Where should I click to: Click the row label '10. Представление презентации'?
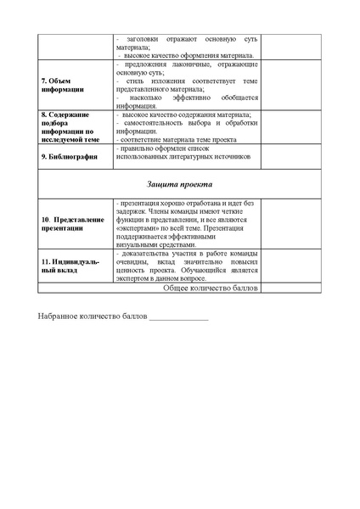coord(73,224)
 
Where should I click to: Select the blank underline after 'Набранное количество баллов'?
coord(178,319)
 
